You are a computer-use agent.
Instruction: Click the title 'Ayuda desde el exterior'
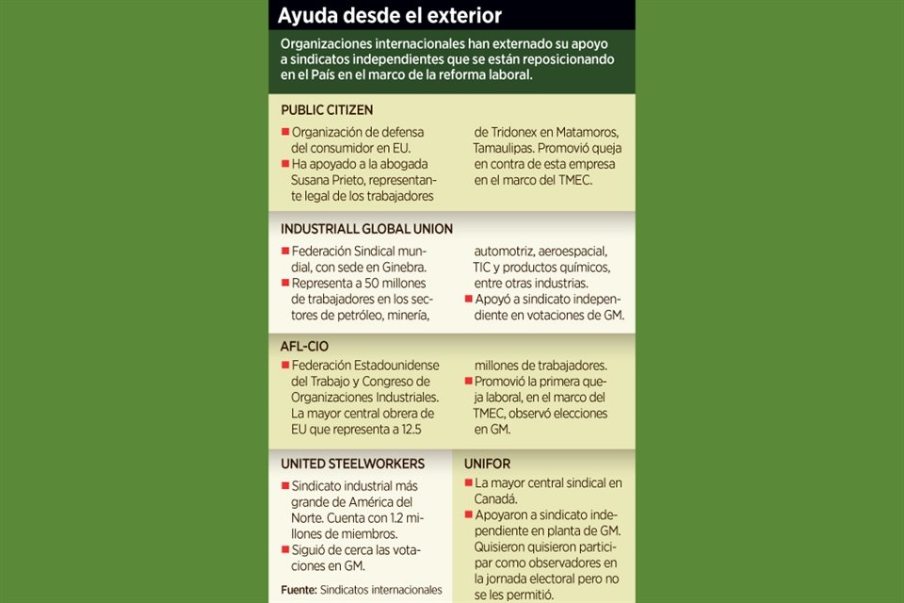[x=389, y=16]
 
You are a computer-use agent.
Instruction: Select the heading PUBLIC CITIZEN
[x=327, y=109]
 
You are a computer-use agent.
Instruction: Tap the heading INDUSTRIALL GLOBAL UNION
[x=366, y=229]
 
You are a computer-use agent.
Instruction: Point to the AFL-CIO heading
[x=304, y=346]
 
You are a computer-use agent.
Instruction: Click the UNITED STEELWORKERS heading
[x=352, y=464]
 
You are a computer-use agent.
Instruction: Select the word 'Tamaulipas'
[x=509, y=148]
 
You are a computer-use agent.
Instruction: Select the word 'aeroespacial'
[x=568, y=252]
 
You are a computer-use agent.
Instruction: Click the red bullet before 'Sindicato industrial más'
[x=284, y=484]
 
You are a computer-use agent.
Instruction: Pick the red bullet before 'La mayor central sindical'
[x=468, y=483]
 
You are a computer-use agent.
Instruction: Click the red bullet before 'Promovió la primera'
[x=467, y=382]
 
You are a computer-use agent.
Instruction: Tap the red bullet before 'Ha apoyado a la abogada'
[x=284, y=164]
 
